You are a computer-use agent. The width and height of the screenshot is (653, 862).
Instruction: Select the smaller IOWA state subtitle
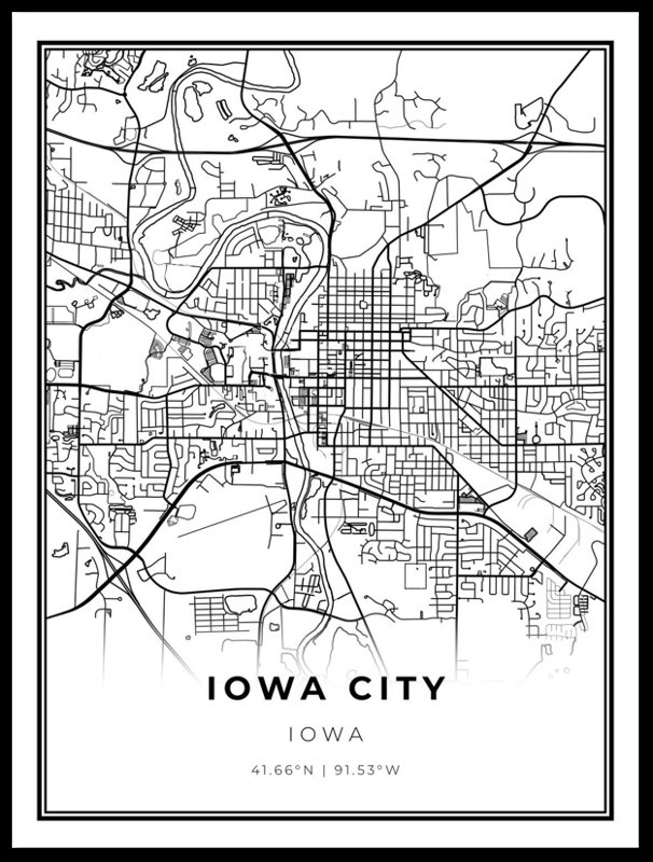click(x=326, y=735)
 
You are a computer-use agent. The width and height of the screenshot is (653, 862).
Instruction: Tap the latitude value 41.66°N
click(x=282, y=770)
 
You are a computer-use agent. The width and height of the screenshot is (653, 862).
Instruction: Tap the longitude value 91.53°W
click(x=367, y=770)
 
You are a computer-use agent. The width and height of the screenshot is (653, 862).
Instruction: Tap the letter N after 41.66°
click(x=308, y=770)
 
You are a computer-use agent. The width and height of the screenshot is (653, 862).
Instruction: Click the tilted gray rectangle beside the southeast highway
click(x=530, y=534)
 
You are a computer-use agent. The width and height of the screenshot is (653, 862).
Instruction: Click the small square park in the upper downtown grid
click(x=363, y=305)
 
